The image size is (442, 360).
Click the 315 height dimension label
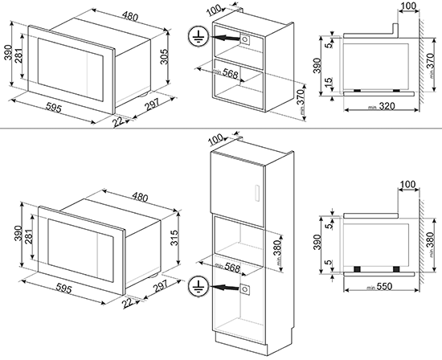point(174,238)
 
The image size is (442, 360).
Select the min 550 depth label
point(379,287)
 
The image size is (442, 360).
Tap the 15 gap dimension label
point(329,82)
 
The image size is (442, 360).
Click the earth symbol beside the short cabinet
point(198,37)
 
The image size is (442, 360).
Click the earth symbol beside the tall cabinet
point(198,287)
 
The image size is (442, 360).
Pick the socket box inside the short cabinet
point(244,39)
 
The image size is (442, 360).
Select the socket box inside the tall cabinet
point(244,289)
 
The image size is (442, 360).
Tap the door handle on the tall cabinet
point(257,193)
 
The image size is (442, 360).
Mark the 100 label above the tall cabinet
point(216,140)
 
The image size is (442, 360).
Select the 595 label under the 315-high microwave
point(64,288)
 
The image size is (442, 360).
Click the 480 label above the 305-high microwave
point(130,16)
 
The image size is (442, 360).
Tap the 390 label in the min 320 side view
point(317,65)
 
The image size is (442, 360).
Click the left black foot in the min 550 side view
point(357,269)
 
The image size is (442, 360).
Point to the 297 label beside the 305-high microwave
point(152,104)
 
